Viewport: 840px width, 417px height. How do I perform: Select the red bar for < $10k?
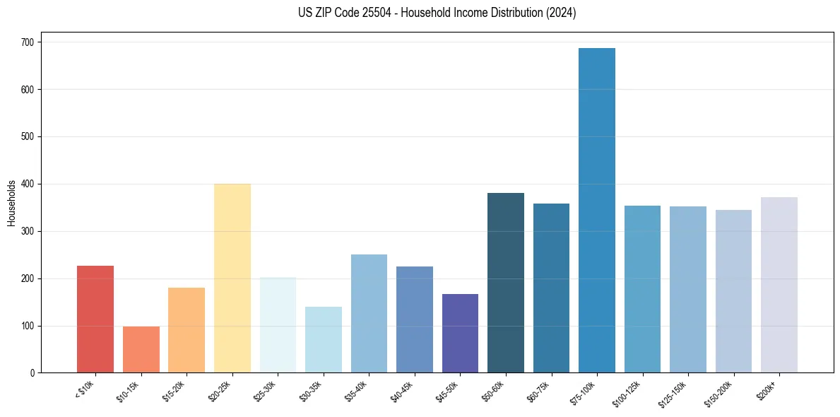click(x=95, y=319)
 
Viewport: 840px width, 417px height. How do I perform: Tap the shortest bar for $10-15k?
click(x=141, y=349)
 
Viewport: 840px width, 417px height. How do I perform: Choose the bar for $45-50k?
click(x=460, y=333)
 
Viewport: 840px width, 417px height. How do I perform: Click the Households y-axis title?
click(x=11, y=202)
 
